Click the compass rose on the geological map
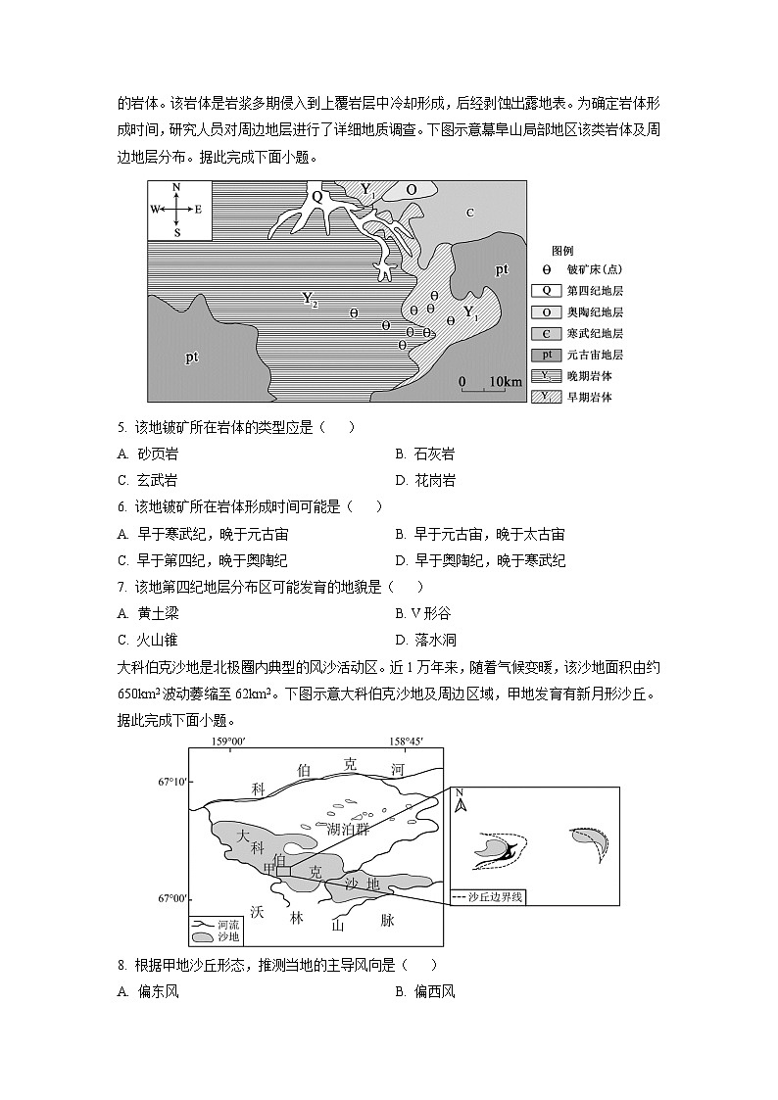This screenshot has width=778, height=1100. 177,209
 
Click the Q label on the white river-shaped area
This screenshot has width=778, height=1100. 316,196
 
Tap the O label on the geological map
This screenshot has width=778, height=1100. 412,190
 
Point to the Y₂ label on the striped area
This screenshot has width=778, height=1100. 310,300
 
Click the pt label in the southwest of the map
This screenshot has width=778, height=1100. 192,358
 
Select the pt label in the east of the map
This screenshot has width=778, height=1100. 501,269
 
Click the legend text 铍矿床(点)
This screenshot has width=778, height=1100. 595,269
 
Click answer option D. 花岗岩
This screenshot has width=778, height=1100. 425,481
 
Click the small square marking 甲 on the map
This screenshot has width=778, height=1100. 283,870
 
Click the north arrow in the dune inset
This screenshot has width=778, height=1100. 461,804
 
